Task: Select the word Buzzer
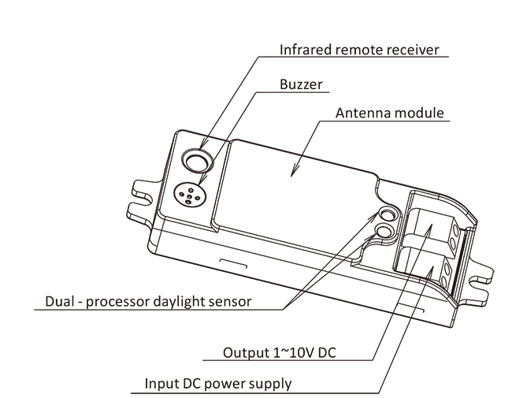pos(301,84)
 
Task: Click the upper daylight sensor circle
pos(388,214)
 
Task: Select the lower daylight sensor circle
pos(384,231)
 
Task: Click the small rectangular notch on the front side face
pos(233,263)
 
